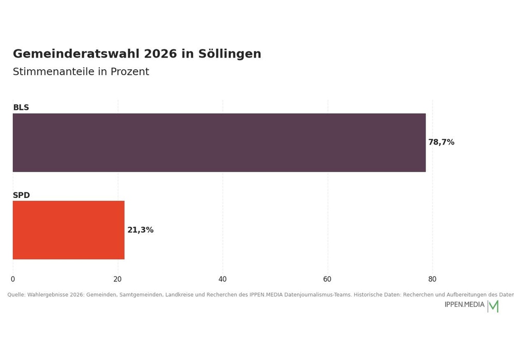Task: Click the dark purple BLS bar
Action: click(x=219, y=142)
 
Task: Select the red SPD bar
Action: click(x=68, y=230)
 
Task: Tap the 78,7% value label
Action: click(x=441, y=142)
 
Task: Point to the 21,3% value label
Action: click(x=140, y=230)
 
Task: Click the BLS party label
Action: click(x=21, y=107)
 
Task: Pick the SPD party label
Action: click(x=21, y=195)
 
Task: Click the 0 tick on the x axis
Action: click(x=13, y=279)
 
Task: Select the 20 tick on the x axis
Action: click(x=117, y=279)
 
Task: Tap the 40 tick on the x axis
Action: click(x=222, y=279)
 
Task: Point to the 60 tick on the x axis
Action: click(x=327, y=279)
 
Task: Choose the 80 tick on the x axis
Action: click(x=432, y=279)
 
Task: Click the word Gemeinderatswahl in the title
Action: click(x=77, y=54)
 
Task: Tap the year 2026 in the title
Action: click(x=160, y=54)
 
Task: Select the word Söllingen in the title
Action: click(x=229, y=54)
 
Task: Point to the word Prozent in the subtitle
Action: click(x=130, y=71)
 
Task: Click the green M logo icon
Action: click(x=493, y=306)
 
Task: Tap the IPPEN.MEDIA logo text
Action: click(x=464, y=304)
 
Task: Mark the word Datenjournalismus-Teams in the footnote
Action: click(x=317, y=295)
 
